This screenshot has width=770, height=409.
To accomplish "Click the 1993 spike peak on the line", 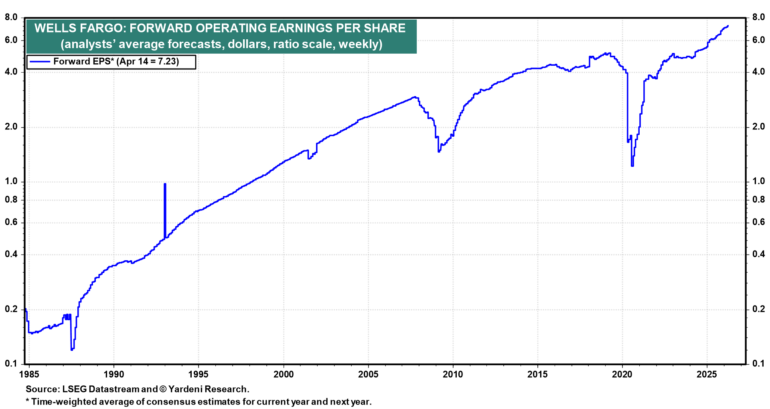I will (x=165, y=184).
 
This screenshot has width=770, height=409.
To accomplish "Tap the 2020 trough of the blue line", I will (x=632, y=166).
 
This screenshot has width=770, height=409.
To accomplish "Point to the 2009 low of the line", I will (x=439, y=152).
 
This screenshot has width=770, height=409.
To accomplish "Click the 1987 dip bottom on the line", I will (x=72, y=350).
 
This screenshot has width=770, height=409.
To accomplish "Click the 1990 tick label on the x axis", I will (x=114, y=375).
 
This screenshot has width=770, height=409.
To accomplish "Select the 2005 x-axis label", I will (x=368, y=375).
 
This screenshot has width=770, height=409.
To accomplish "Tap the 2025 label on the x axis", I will (x=707, y=375).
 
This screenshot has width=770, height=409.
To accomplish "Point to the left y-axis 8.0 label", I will (x=11, y=18).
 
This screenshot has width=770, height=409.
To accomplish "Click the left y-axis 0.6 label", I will (x=11, y=222).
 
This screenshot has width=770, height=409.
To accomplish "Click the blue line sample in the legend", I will (x=40, y=62).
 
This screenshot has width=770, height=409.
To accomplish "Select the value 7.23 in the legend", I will (x=168, y=62).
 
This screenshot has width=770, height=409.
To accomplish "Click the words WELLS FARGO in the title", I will (x=79, y=28).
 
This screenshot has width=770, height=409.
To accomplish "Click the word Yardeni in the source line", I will (x=187, y=389).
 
